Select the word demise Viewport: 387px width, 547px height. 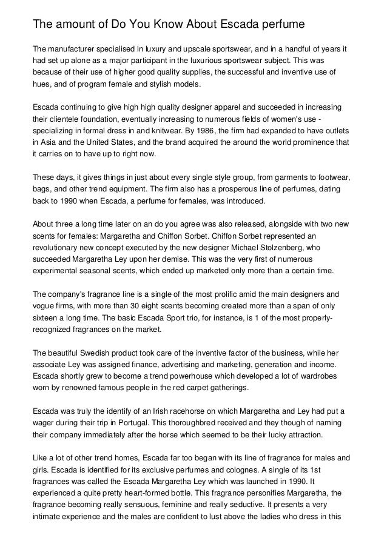pyautogui.click(x=166, y=260)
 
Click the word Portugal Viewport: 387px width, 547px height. pyautogui.click(x=146, y=426)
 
